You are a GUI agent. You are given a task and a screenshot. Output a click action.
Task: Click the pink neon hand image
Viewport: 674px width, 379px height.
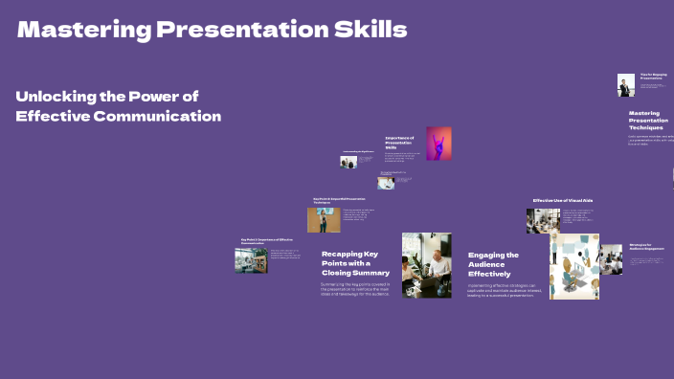(x=438, y=144)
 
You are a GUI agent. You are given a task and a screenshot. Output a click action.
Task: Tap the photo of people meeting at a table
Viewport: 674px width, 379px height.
(x=426, y=265)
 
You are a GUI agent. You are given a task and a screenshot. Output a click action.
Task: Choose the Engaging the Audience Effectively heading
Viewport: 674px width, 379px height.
(x=494, y=264)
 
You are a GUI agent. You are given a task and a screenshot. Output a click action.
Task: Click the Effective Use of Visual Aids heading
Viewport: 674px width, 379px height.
(x=571, y=200)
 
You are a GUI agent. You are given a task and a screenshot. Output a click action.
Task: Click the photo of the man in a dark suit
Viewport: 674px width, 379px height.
(x=625, y=85)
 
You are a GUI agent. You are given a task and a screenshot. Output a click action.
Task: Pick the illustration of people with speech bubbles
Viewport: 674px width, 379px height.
(x=574, y=266)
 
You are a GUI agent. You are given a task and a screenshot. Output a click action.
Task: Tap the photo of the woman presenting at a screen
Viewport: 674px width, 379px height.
(x=324, y=220)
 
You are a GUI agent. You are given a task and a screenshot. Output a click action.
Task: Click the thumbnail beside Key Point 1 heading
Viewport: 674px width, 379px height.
(x=251, y=260)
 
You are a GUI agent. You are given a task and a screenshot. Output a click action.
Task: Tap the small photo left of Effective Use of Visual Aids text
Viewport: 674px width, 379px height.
(x=542, y=221)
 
